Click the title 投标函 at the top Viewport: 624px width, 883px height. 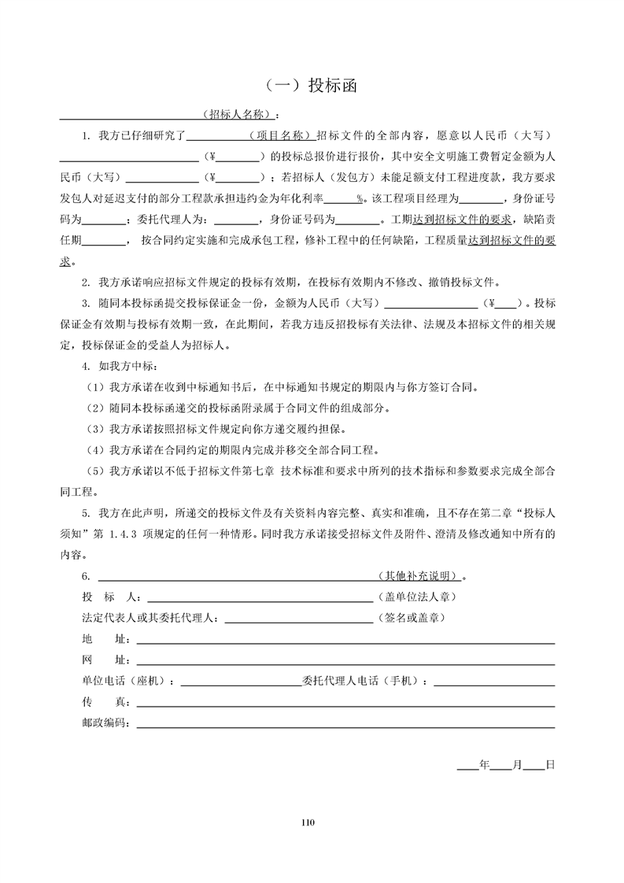tap(311, 86)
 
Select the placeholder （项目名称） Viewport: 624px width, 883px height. tap(282, 135)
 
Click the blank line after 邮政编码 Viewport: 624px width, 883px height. tap(345, 723)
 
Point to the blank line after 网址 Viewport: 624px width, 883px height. tap(345, 659)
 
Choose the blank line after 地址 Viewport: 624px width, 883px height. tap(345, 638)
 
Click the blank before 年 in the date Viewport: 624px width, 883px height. tap(467, 764)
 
